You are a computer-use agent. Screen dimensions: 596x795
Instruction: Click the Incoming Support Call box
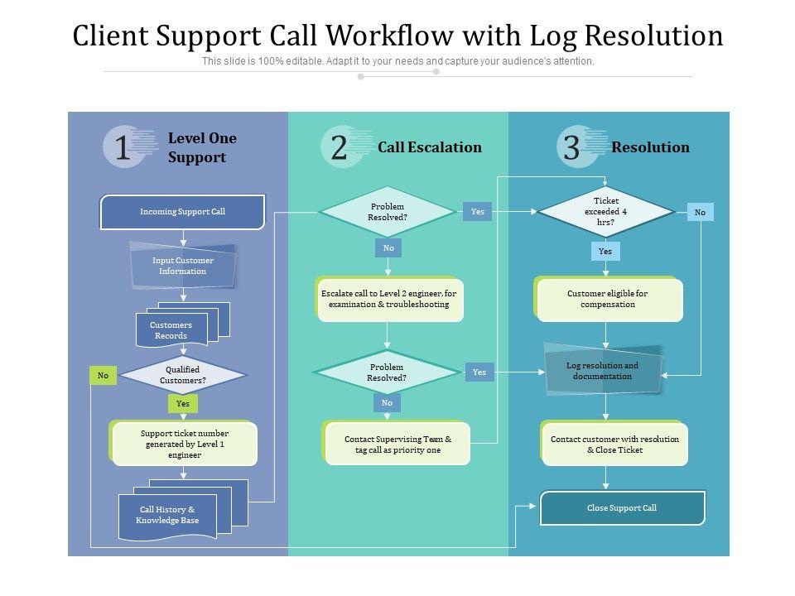tap(182, 212)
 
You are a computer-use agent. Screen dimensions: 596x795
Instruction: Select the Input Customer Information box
tap(183, 266)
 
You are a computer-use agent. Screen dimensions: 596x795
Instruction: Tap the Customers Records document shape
tap(171, 330)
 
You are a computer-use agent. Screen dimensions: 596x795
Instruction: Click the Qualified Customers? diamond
tap(183, 375)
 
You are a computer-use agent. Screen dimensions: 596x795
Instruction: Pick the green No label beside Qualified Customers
tap(103, 376)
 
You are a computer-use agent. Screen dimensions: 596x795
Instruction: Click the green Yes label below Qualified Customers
tap(182, 404)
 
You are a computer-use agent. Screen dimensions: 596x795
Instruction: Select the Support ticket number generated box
tap(185, 444)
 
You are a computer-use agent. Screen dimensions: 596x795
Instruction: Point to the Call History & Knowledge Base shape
tap(168, 515)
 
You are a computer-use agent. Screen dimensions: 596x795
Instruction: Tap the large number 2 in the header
tap(339, 148)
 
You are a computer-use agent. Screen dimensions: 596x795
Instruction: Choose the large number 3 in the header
tap(571, 148)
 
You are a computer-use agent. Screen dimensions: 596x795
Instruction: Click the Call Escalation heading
tap(429, 147)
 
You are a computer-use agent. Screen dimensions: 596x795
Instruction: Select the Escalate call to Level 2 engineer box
tap(388, 299)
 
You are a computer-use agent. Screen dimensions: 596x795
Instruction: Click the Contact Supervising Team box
tap(397, 445)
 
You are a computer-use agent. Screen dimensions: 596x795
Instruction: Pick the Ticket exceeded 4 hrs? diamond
tap(606, 212)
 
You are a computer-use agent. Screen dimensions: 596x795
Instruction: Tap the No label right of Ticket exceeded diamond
tap(700, 213)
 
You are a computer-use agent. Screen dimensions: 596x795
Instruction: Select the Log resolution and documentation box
tap(602, 371)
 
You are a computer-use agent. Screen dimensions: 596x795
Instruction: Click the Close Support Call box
tap(622, 507)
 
